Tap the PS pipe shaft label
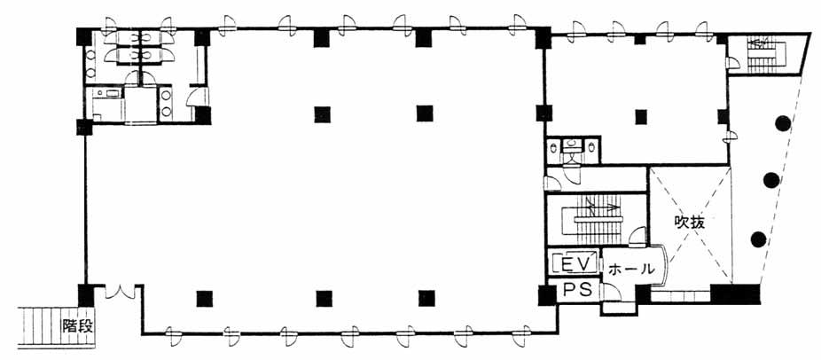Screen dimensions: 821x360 [577, 290]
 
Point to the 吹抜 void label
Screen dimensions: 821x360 [689, 223]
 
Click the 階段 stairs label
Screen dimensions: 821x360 [77, 326]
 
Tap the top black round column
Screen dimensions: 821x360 [782, 123]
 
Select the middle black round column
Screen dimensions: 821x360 [770, 180]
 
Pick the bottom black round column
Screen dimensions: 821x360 [758, 239]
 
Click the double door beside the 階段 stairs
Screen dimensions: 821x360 [120, 293]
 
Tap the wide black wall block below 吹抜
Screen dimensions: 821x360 [735, 293]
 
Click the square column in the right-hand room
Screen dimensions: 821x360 [641, 117]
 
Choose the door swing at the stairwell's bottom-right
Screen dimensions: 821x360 [637, 237]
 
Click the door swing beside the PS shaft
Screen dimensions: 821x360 [610, 293]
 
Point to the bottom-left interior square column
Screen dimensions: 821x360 [204, 298]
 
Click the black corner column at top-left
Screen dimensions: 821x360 [84, 36]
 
